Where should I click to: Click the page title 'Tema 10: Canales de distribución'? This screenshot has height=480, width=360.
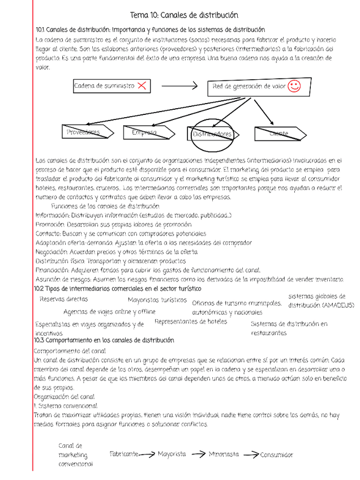184,15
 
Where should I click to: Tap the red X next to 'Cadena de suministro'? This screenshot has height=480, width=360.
142,85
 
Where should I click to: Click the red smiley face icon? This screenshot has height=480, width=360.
294,86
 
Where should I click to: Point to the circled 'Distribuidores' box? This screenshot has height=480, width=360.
213,134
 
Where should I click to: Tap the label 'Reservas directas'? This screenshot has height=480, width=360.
63,299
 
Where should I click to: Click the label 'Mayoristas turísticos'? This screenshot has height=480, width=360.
157,300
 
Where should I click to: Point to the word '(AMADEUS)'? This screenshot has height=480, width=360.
338,305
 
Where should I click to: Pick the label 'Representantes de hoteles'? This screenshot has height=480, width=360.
191,322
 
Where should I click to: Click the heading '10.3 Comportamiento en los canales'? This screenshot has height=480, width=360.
104,340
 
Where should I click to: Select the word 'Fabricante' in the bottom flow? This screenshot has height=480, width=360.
124,454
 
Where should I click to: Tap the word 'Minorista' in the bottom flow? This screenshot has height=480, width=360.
224,454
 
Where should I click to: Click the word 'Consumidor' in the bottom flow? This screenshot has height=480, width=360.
277,455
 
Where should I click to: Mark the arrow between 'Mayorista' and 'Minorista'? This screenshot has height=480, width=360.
198,454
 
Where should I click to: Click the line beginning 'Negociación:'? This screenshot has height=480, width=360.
117,252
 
